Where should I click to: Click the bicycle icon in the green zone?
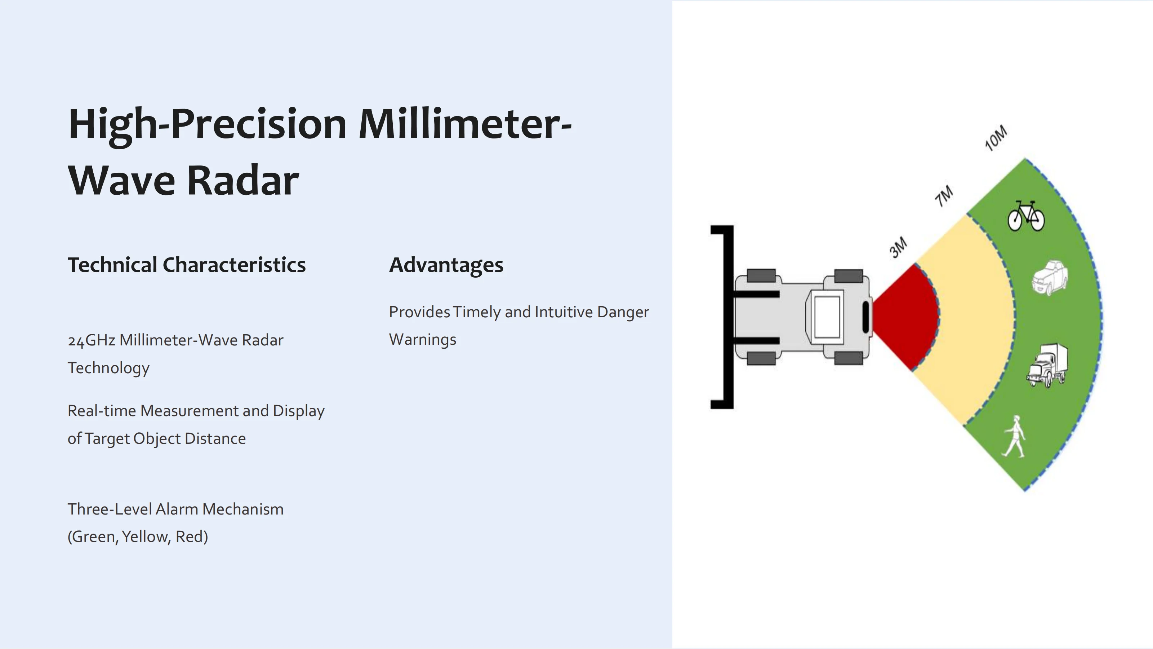coord(1026,216)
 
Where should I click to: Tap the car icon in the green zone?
coord(1050,278)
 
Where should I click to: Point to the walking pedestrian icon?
coord(1015,437)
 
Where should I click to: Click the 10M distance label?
coord(996,138)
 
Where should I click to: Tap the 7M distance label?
coord(944,196)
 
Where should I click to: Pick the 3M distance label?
coord(898,247)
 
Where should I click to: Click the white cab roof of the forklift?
coord(827,317)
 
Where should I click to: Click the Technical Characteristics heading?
coord(187,265)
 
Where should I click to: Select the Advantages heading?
coord(446,265)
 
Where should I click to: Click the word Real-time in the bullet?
coord(102,411)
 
